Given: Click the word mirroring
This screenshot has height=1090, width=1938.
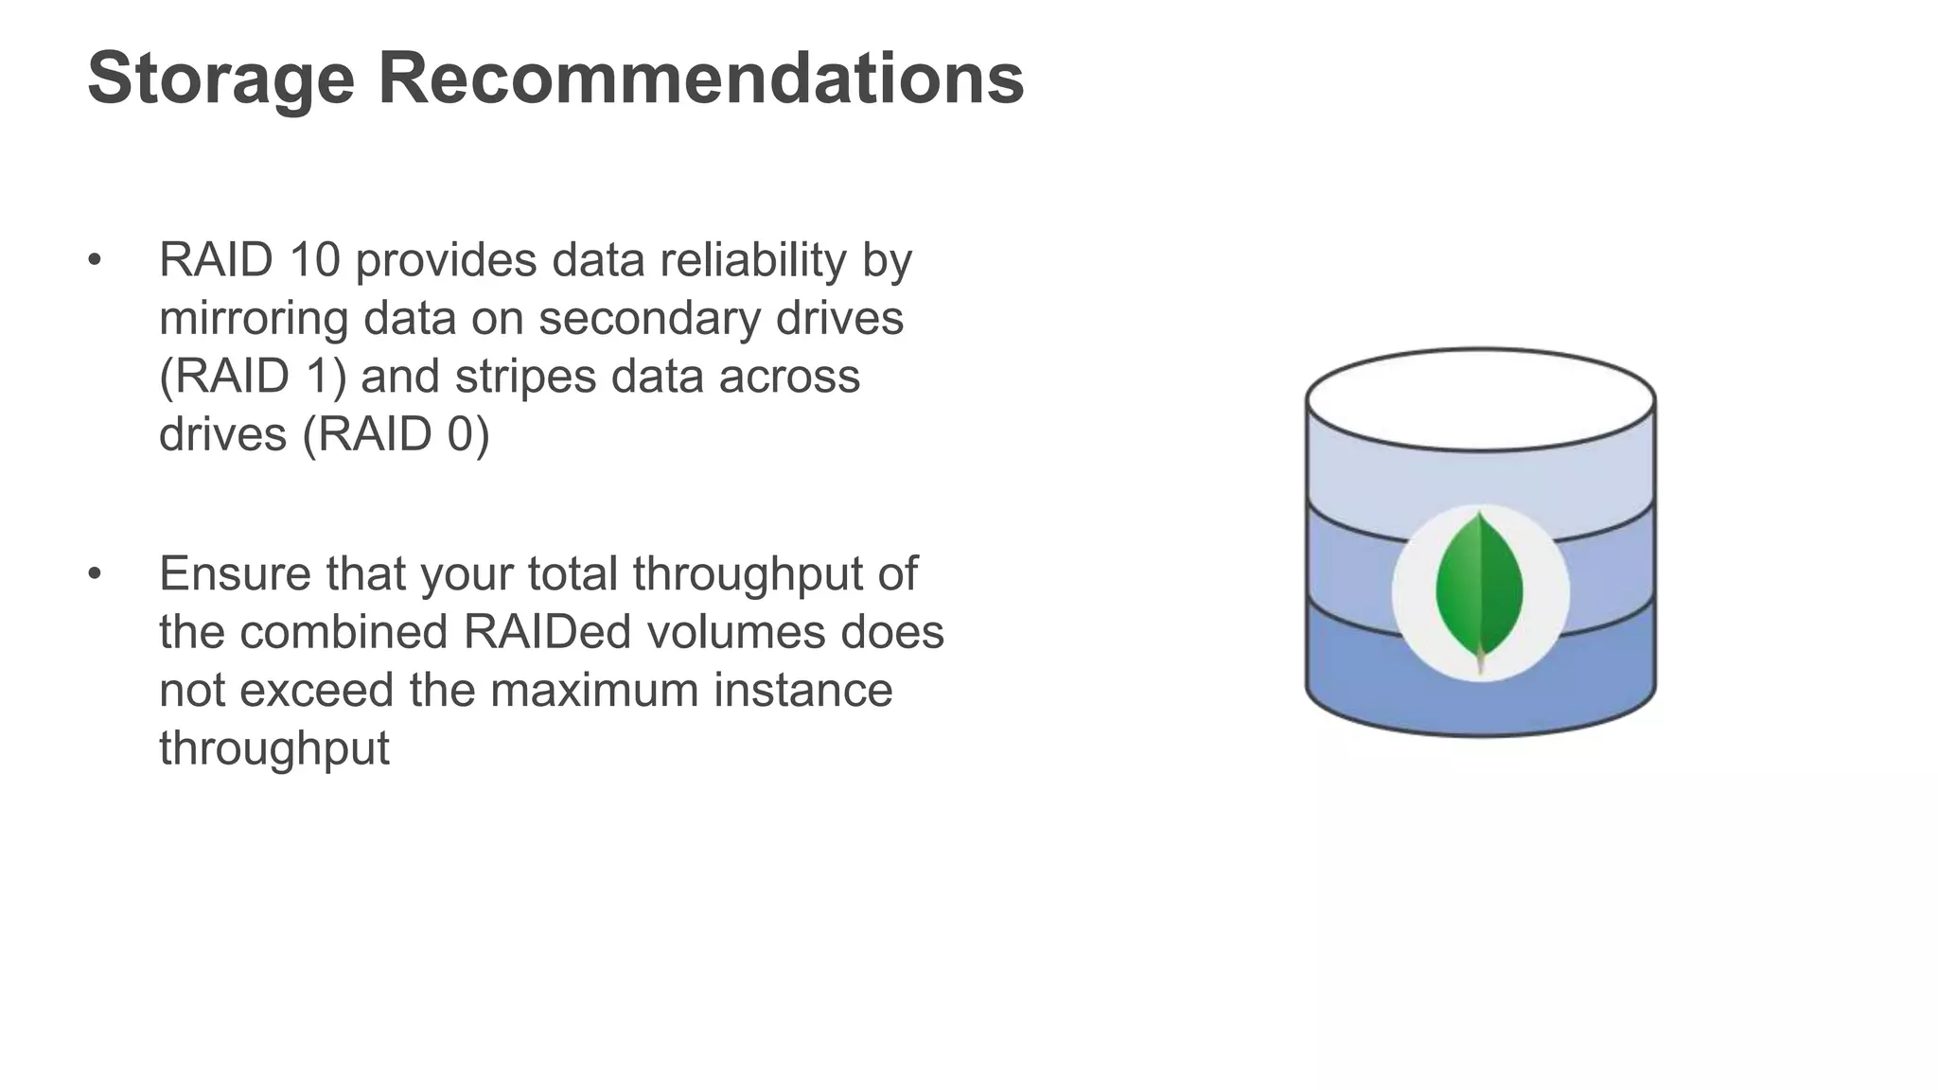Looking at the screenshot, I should click(253, 318).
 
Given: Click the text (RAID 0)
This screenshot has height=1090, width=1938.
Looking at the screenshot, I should click(396, 434).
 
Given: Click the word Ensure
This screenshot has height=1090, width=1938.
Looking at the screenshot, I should click(234, 573).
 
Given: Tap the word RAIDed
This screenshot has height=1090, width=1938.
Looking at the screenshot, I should click(546, 632).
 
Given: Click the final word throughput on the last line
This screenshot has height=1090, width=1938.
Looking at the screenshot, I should click(273, 748).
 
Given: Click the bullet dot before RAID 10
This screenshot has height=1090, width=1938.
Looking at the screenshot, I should click(94, 261).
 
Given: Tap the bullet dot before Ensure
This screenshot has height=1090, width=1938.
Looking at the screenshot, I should click(94, 574).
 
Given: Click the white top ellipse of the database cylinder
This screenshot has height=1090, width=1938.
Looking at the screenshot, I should click(1480, 398).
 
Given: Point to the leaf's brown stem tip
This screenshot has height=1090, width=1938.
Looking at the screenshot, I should click(1481, 667).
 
